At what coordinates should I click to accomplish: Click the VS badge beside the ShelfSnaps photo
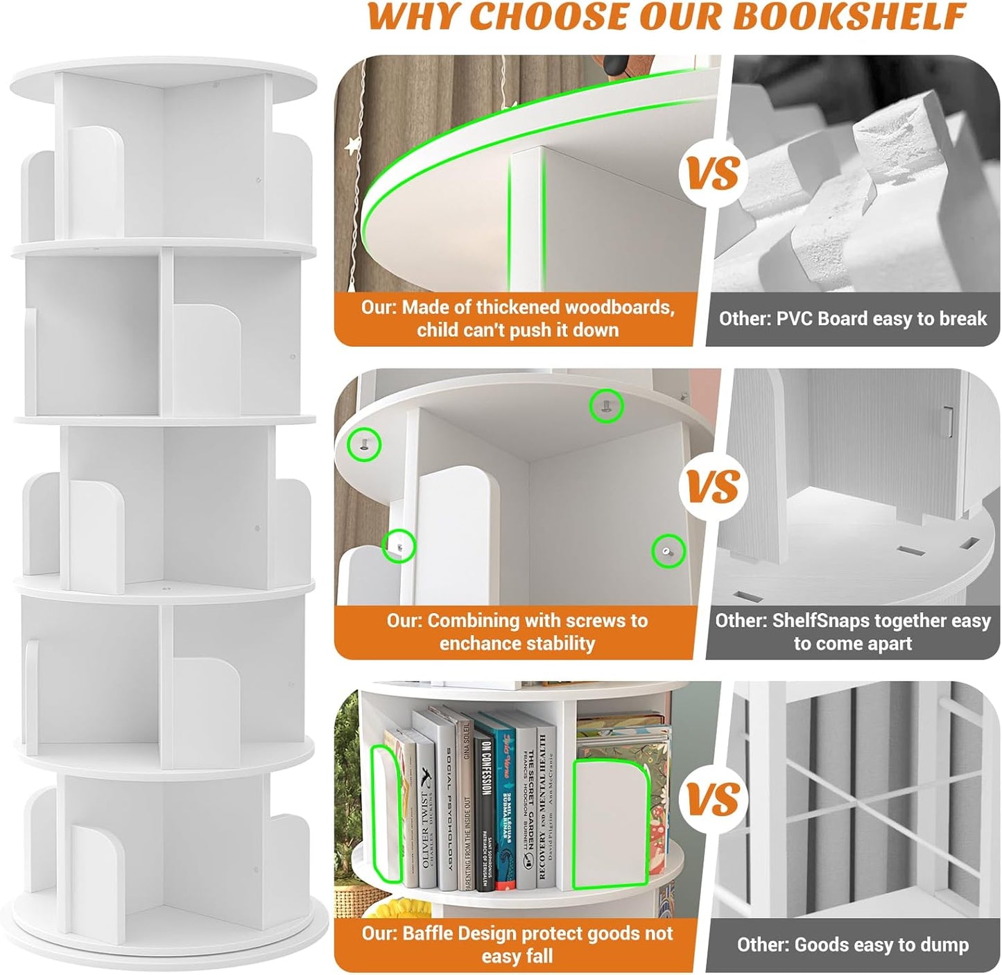click(714, 487)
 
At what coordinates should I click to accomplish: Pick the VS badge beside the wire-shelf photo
click(714, 800)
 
